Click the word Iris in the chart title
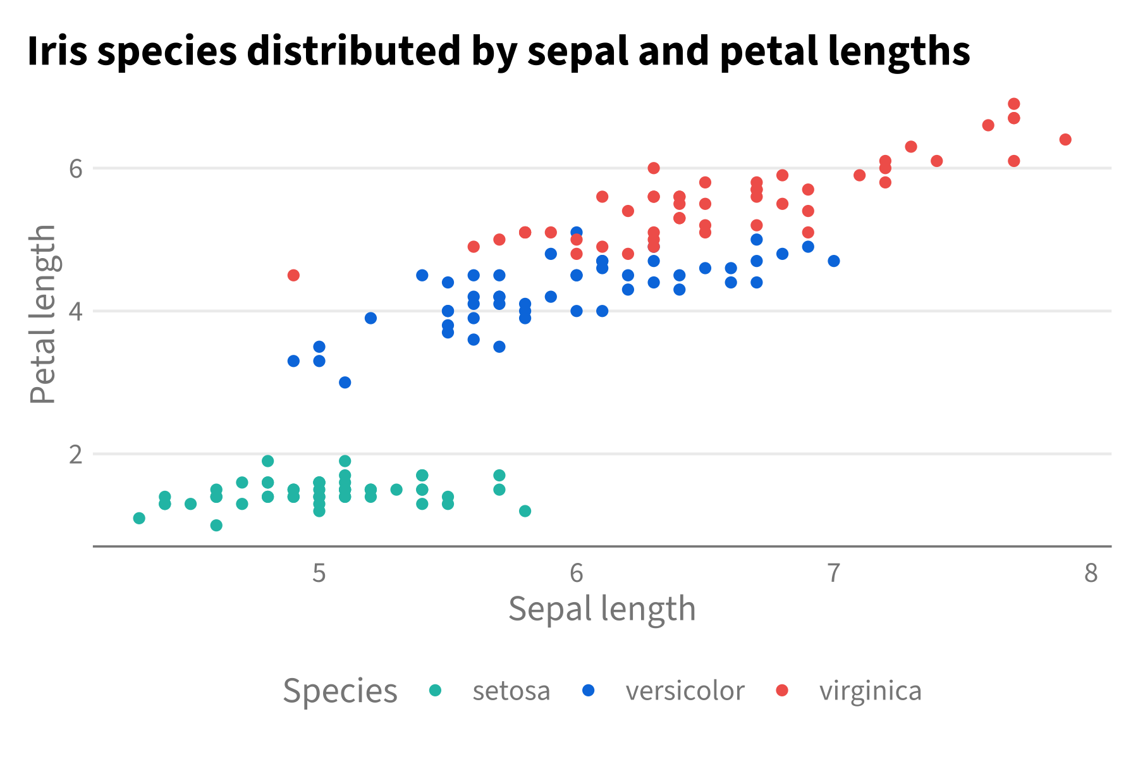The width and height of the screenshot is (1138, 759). pos(57,51)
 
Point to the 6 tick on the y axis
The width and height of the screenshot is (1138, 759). pos(76,169)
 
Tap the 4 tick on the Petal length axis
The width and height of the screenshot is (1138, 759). pos(76,312)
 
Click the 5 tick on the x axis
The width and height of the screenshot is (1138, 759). pos(319,573)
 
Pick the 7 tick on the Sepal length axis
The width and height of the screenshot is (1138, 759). pos(834,573)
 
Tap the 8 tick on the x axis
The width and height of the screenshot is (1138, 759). pos(1091,573)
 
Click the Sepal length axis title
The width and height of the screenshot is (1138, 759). pos(602,609)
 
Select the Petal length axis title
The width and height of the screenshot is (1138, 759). pos(43,314)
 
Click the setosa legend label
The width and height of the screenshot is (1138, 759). pos(511,691)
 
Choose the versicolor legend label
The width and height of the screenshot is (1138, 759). pos(685,691)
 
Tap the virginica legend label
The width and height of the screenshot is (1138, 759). pos(870,691)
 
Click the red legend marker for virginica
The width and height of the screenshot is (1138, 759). pos(782,690)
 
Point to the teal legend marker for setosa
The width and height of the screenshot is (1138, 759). pos(435,690)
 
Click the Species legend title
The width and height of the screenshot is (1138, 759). pos(340,691)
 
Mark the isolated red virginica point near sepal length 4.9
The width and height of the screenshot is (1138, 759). pos(293,275)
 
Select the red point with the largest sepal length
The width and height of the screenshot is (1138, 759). pos(1065,140)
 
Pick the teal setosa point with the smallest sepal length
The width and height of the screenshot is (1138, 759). pos(139,519)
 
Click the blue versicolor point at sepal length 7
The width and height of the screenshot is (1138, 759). pos(834,261)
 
